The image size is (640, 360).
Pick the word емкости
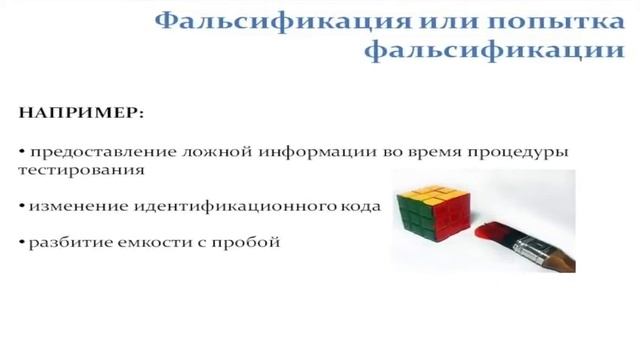(x=155, y=242)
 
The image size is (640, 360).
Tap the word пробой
(x=246, y=242)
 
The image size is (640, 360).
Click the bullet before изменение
(x=22, y=207)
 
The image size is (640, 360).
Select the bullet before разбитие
(x=22, y=242)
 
